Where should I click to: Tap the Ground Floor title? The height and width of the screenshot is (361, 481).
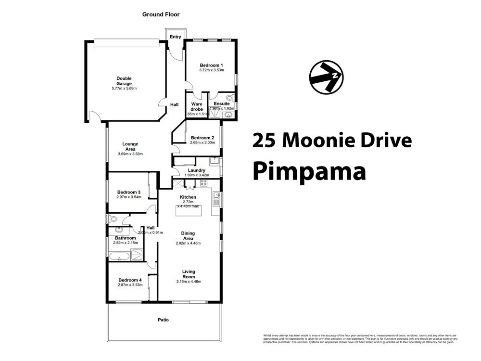160,14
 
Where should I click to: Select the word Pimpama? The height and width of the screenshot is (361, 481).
309,171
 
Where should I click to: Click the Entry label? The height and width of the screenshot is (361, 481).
175,37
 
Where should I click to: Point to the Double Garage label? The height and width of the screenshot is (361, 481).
124,81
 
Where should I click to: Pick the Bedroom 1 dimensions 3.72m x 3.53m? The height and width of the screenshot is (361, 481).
211,70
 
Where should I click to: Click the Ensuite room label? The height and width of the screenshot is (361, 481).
222,103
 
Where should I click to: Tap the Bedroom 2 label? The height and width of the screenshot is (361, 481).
202,137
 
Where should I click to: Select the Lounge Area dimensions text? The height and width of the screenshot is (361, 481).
130,154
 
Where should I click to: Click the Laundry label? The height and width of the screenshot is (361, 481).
197,170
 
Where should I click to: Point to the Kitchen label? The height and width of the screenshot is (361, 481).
188,197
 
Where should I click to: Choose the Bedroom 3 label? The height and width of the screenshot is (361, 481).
128,192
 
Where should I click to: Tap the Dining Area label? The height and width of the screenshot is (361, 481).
188,236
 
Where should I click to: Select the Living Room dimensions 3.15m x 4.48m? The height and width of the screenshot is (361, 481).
188,282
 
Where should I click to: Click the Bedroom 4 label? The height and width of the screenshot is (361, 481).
130,280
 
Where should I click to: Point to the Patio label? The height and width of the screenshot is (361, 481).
164,320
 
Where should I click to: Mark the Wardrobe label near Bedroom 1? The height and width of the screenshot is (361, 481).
197,106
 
